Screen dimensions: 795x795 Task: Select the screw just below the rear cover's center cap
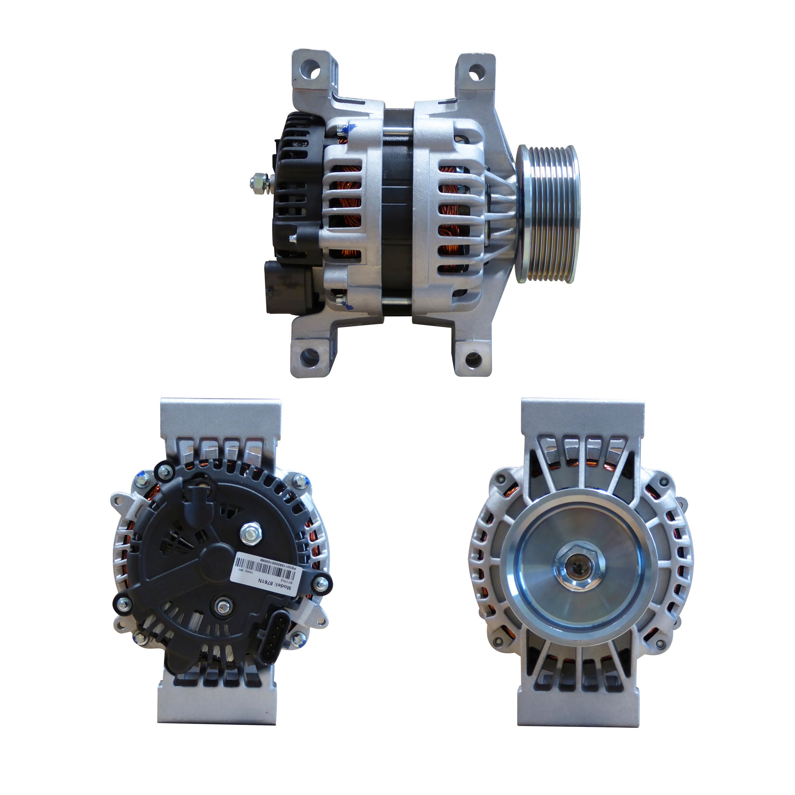223,605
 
